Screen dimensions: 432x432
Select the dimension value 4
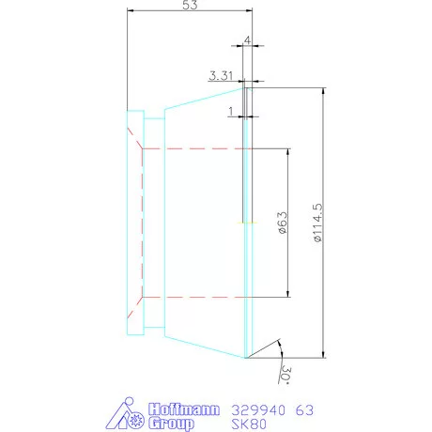(246, 40)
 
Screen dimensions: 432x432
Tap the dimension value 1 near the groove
(231, 110)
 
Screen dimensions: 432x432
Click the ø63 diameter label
(281, 223)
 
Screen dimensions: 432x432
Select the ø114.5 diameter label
(319, 223)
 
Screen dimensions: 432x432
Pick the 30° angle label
(282, 375)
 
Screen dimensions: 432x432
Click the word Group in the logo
(173, 424)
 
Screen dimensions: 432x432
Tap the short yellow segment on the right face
(246, 223)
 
